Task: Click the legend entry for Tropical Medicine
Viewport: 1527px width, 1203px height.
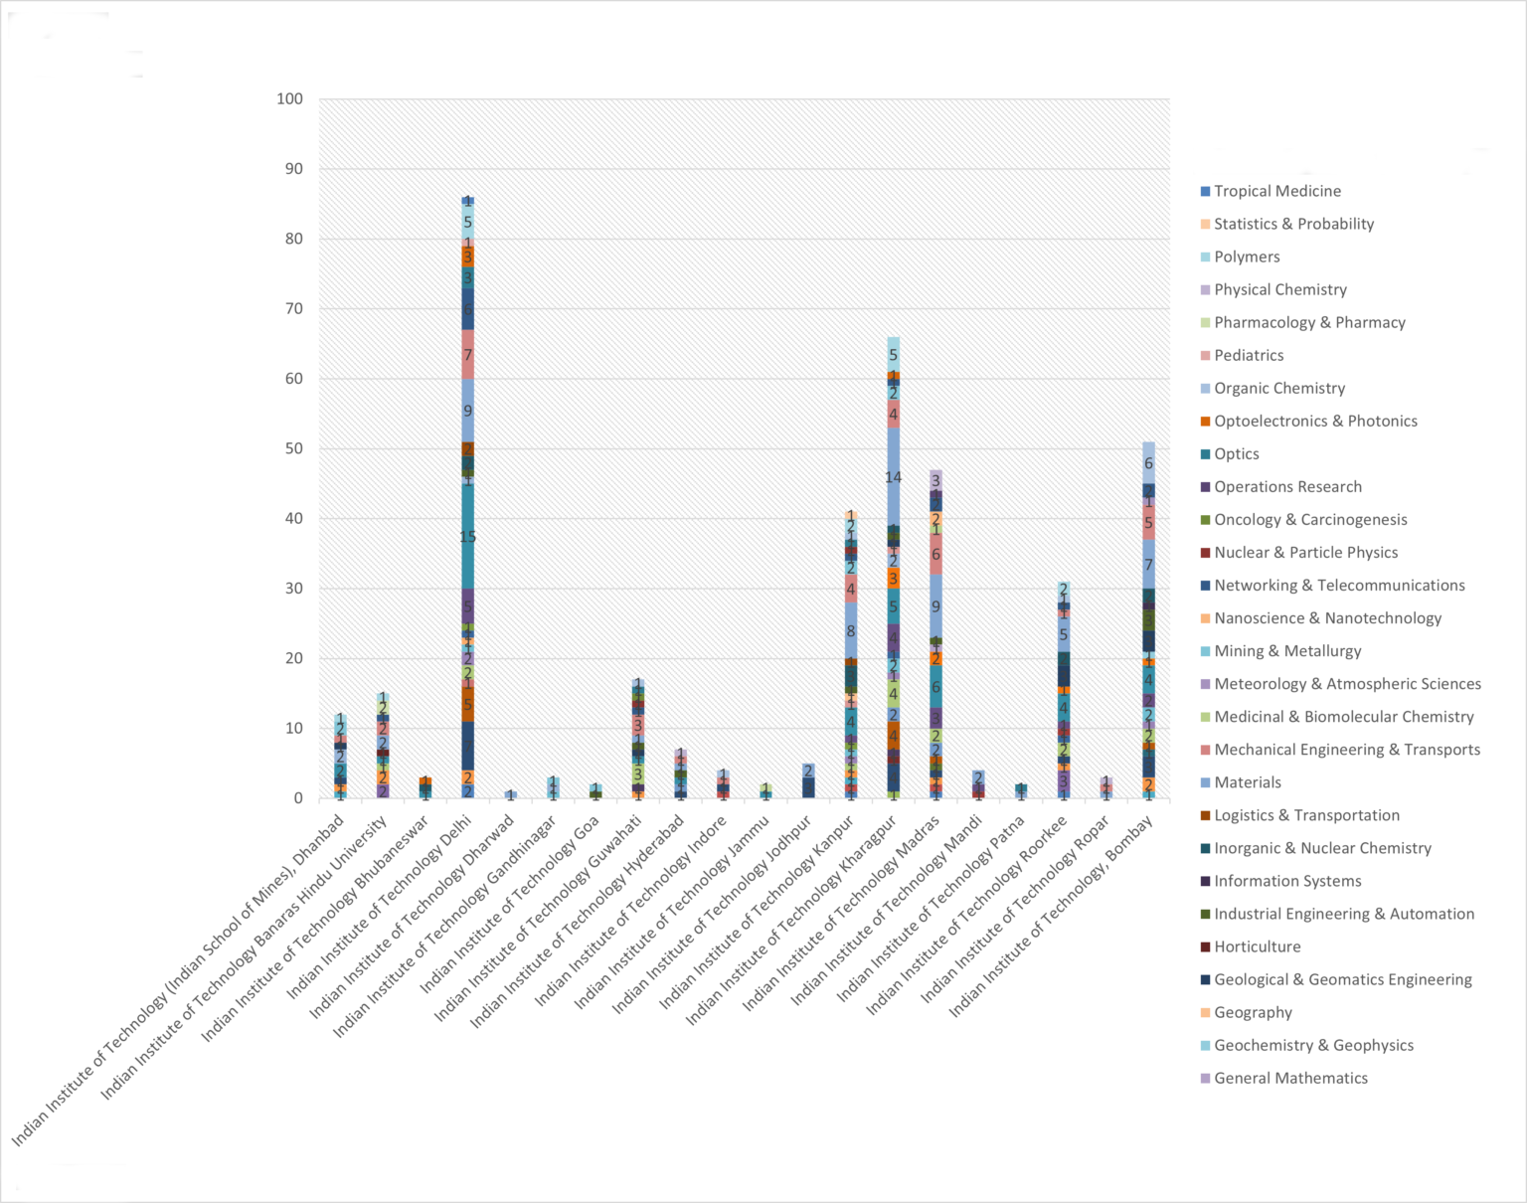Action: (x=1276, y=191)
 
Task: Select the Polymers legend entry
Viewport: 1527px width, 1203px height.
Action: (x=1246, y=257)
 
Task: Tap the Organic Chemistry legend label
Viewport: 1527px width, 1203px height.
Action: (x=1278, y=388)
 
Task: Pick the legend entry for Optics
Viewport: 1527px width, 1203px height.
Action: (x=1236, y=453)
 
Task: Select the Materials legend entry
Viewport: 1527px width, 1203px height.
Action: (x=1247, y=782)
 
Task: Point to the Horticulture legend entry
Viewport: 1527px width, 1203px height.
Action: (x=1257, y=946)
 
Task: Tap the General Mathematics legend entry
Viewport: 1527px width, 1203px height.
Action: (x=1289, y=1078)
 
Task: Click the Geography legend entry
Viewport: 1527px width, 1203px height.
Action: (x=1253, y=1012)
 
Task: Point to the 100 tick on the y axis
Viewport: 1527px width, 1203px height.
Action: (x=290, y=98)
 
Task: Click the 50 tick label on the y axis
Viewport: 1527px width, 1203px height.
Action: (x=294, y=448)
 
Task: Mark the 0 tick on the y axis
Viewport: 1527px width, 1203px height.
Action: (x=298, y=798)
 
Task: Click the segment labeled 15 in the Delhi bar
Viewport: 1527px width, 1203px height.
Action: (x=467, y=537)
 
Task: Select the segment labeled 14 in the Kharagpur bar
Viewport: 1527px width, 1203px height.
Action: (x=894, y=477)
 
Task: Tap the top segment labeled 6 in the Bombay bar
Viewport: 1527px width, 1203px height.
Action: (x=1148, y=463)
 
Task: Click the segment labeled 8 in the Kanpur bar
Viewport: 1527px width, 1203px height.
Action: (x=851, y=630)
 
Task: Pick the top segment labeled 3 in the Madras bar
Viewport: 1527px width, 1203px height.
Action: (x=935, y=480)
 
